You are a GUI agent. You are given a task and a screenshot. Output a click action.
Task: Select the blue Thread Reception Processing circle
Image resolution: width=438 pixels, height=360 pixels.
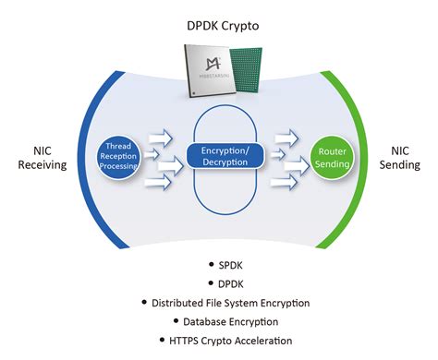pos(122,155)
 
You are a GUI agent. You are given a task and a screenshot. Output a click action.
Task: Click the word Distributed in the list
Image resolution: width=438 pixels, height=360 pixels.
pos(183,303)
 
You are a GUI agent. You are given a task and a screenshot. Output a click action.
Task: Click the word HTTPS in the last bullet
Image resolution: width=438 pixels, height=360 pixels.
pos(175,340)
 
